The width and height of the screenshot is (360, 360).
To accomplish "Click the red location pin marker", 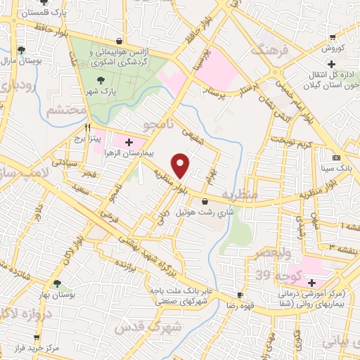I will pos(181,165).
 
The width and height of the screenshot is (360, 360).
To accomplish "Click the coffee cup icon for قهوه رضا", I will pos(240,295).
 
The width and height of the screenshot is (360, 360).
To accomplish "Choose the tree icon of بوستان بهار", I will pos(56,284).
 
